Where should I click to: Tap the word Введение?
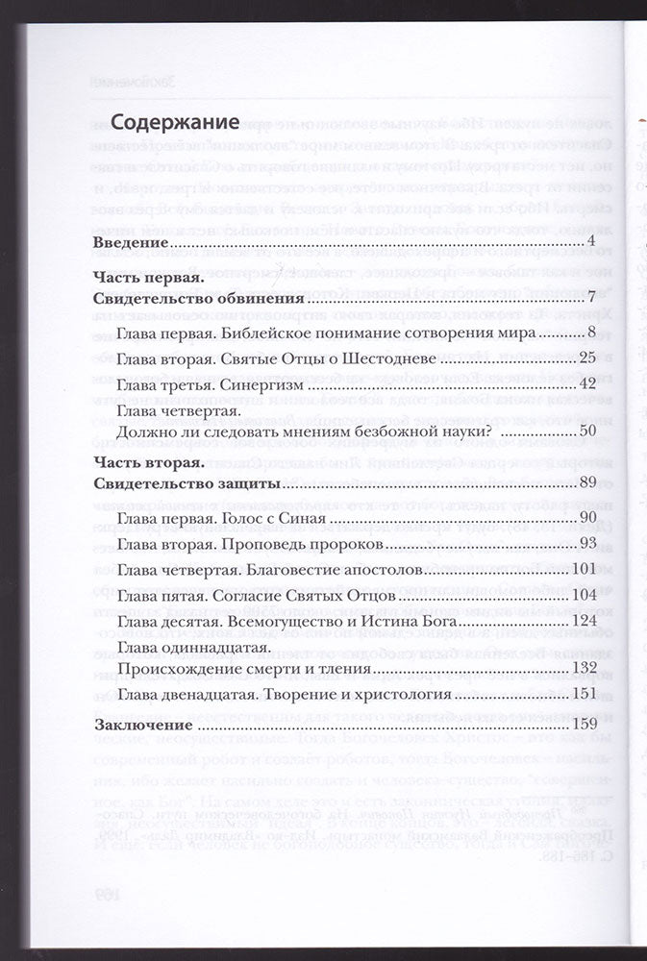point(129,240)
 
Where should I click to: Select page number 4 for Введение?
point(594,240)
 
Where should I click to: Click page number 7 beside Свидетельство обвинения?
point(594,297)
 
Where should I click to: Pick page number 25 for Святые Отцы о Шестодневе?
point(589,358)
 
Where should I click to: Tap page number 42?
point(589,383)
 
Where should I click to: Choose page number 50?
point(589,431)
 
